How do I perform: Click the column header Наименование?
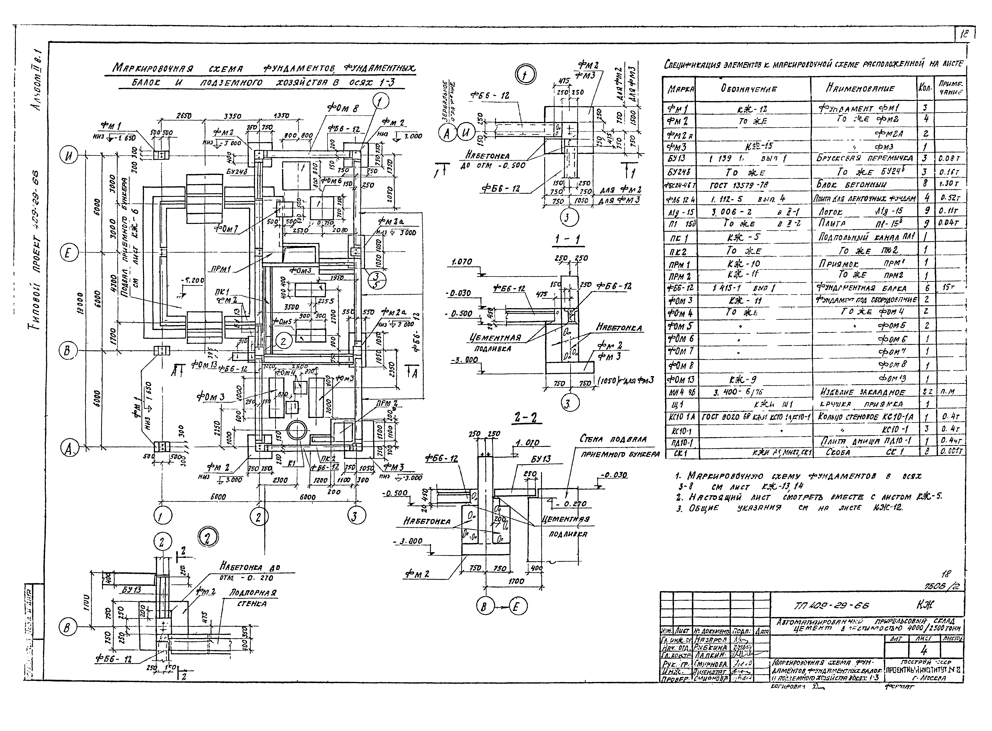click(863, 88)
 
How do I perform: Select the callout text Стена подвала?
click(613, 439)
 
